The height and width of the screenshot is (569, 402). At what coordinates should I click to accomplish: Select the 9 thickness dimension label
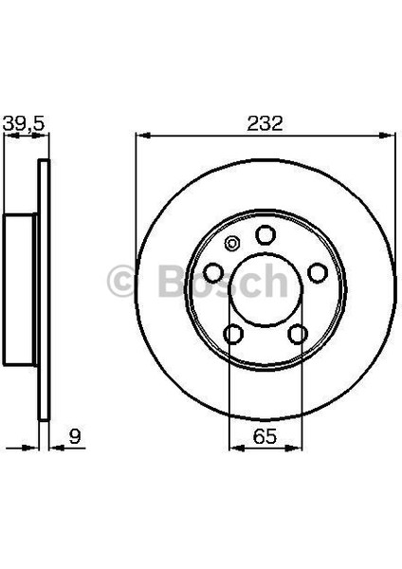(x=74, y=438)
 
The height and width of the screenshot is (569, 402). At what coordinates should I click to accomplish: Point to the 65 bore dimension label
(x=265, y=438)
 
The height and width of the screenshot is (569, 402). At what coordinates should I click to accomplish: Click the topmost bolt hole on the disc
(x=265, y=234)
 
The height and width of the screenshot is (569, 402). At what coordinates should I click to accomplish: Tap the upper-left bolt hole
(x=214, y=272)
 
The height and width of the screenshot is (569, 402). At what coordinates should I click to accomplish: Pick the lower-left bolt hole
(x=233, y=333)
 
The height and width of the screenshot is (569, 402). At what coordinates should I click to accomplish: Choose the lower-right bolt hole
(x=297, y=333)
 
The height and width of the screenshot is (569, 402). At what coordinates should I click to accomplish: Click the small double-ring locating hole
(x=229, y=245)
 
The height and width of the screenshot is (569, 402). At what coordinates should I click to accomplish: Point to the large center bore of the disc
(x=265, y=289)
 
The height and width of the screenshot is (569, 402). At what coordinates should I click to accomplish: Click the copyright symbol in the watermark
(x=125, y=282)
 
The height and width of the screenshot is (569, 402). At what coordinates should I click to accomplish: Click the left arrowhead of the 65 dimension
(x=234, y=446)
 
